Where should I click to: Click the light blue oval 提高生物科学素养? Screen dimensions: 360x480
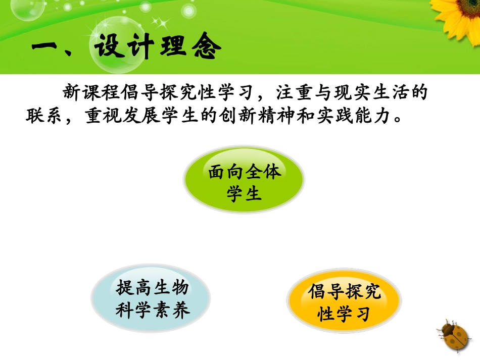151,299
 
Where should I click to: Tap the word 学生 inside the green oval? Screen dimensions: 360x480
244,194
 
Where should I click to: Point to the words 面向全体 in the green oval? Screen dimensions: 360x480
244,172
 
